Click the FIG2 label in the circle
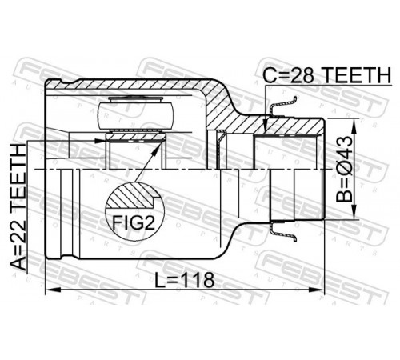[134, 222]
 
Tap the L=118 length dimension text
[185, 280]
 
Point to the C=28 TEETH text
[326, 75]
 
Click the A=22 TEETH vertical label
[18, 207]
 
